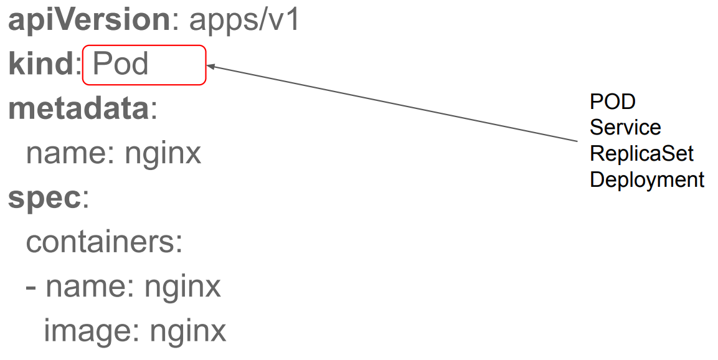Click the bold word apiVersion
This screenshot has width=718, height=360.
(x=88, y=21)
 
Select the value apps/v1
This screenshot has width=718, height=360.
(x=245, y=21)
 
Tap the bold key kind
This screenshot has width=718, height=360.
(x=40, y=64)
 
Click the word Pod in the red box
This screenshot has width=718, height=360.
(x=121, y=64)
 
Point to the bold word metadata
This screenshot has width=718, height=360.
(x=78, y=109)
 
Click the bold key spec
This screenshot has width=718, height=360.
(x=44, y=197)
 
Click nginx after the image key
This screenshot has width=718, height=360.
(x=188, y=331)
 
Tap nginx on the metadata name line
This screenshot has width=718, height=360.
(x=163, y=153)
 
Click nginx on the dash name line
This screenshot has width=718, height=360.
(x=183, y=287)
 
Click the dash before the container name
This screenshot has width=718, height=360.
(x=31, y=287)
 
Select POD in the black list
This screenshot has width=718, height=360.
(x=612, y=101)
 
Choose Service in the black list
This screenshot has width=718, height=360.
(x=625, y=127)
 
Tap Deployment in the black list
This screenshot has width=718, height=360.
(x=647, y=179)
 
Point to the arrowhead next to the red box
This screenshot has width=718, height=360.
(x=210, y=65)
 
